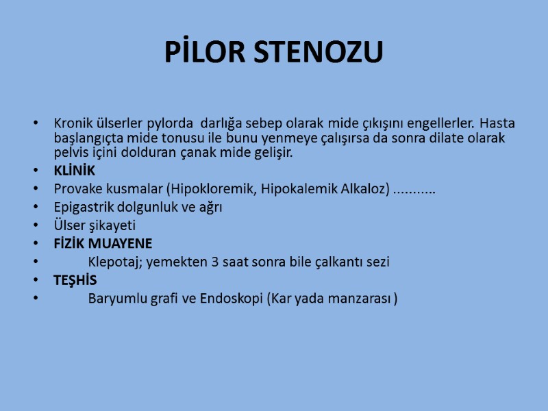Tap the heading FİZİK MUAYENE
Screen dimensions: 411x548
click(103, 243)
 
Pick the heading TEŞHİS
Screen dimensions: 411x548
click(75, 280)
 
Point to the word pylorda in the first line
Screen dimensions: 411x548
click(170, 124)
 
